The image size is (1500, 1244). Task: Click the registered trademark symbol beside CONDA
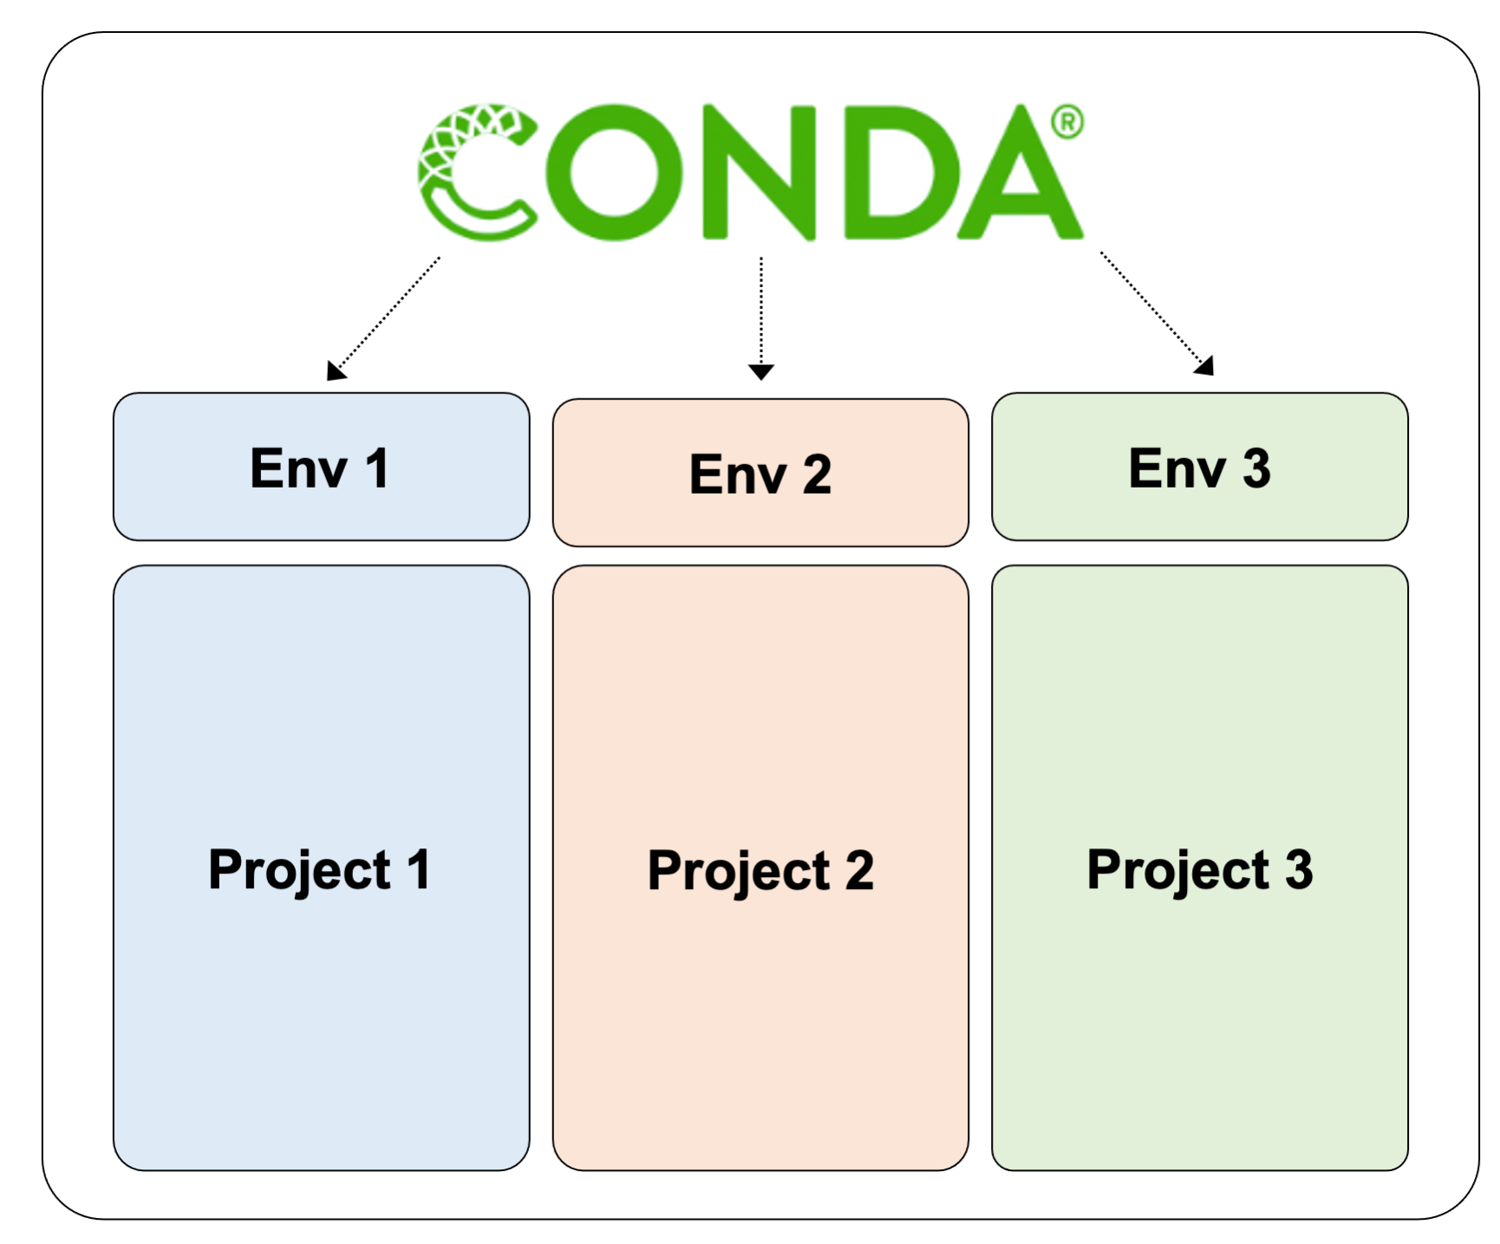pyautogui.click(x=1067, y=122)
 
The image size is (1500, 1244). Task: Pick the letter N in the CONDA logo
pyautogui.click(x=759, y=172)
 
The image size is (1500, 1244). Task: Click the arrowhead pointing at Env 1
pyautogui.click(x=335, y=370)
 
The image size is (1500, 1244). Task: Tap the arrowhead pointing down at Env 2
pyautogui.click(x=760, y=372)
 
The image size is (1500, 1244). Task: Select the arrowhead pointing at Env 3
pyautogui.click(x=1204, y=366)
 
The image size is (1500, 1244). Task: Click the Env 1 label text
pyautogui.click(x=319, y=468)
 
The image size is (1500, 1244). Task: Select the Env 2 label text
pyautogui.click(x=760, y=475)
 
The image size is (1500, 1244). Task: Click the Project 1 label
pyautogui.click(x=319, y=870)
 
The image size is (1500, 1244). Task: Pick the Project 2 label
pyautogui.click(x=760, y=871)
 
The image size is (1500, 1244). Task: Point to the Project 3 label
pyautogui.click(x=1199, y=870)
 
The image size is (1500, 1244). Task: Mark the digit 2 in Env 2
pyautogui.click(x=817, y=475)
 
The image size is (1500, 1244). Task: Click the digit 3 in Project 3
pyautogui.click(x=1298, y=869)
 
